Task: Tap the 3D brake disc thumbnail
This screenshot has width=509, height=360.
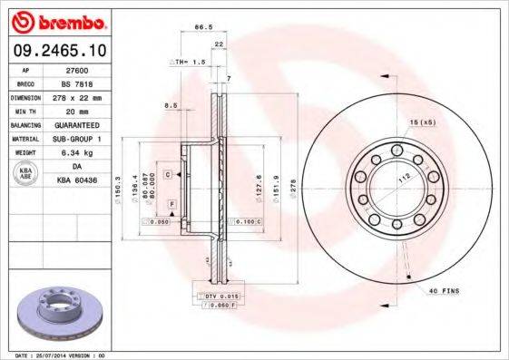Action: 55,312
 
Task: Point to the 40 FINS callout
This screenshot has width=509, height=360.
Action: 445,290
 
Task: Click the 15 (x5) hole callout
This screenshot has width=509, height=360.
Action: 424,122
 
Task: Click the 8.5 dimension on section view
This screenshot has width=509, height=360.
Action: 170,105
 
